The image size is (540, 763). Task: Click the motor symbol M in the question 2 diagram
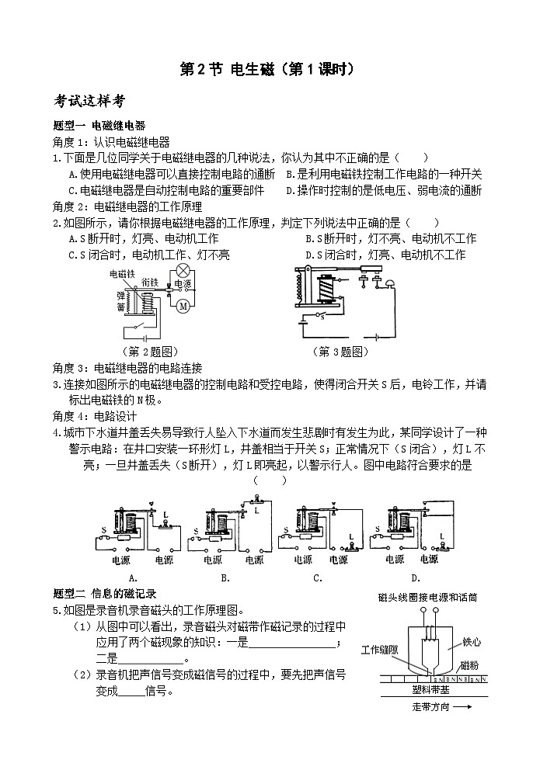click(183, 307)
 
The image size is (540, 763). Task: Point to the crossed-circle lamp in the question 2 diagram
click(184, 270)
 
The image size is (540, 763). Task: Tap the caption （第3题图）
click(340, 352)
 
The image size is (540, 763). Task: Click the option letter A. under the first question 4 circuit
click(133, 577)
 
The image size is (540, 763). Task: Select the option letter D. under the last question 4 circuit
click(416, 577)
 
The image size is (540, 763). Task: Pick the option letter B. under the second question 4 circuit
click(225, 577)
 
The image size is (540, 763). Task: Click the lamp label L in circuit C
click(350, 537)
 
